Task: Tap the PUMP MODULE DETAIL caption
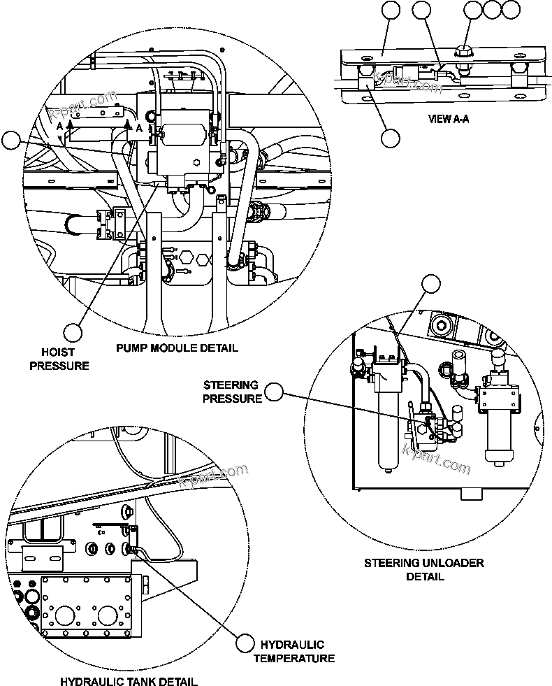click(176, 348)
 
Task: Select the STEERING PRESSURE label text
click(231, 392)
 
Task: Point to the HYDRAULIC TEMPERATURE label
click(293, 651)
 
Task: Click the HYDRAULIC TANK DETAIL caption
click(128, 681)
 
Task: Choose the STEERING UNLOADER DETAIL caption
click(424, 569)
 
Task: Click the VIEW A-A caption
click(448, 119)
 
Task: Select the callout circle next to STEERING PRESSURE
click(275, 393)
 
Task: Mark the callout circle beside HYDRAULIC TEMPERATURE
click(245, 643)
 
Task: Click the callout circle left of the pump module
click(10, 141)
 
